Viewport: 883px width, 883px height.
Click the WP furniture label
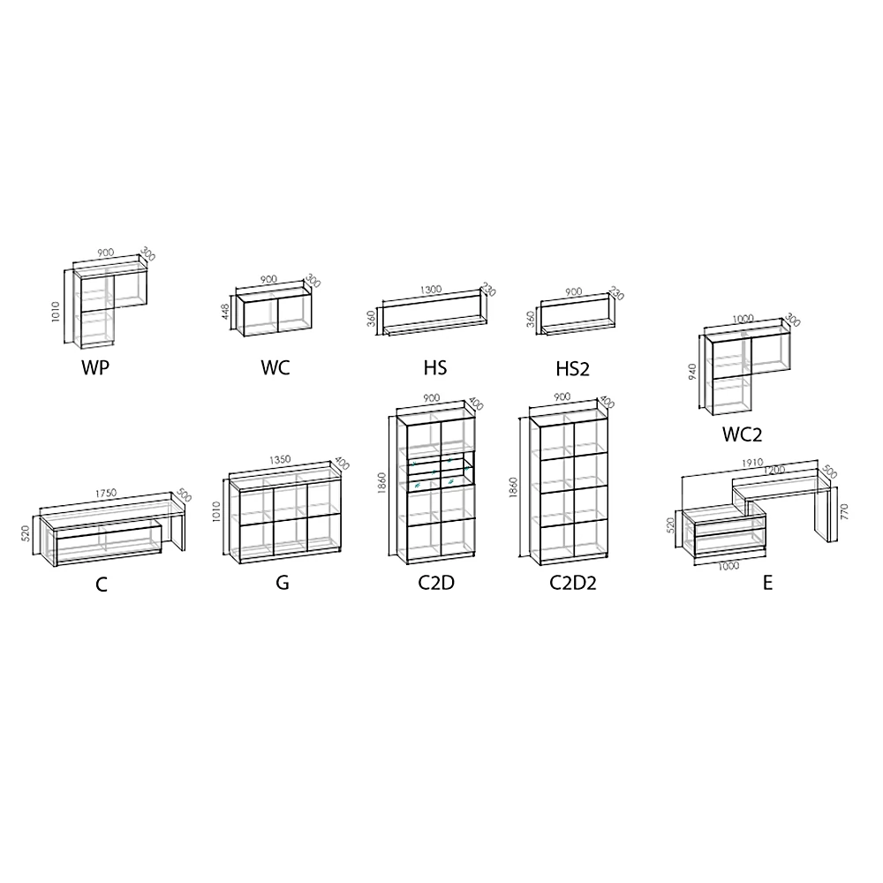coord(95,368)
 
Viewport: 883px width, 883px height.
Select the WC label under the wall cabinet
coord(275,368)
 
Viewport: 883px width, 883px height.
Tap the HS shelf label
coord(435,368)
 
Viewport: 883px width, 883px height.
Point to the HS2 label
coord(573,368)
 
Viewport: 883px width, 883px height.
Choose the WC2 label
coord(742,434)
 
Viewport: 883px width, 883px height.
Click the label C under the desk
coord(102,585)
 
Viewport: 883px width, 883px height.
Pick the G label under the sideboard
coord(283,584)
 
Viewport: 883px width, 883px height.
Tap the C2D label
coord(436,584)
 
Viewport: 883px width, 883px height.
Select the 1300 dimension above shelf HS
coord(431,291)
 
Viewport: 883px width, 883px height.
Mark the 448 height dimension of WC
coord(227,313)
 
